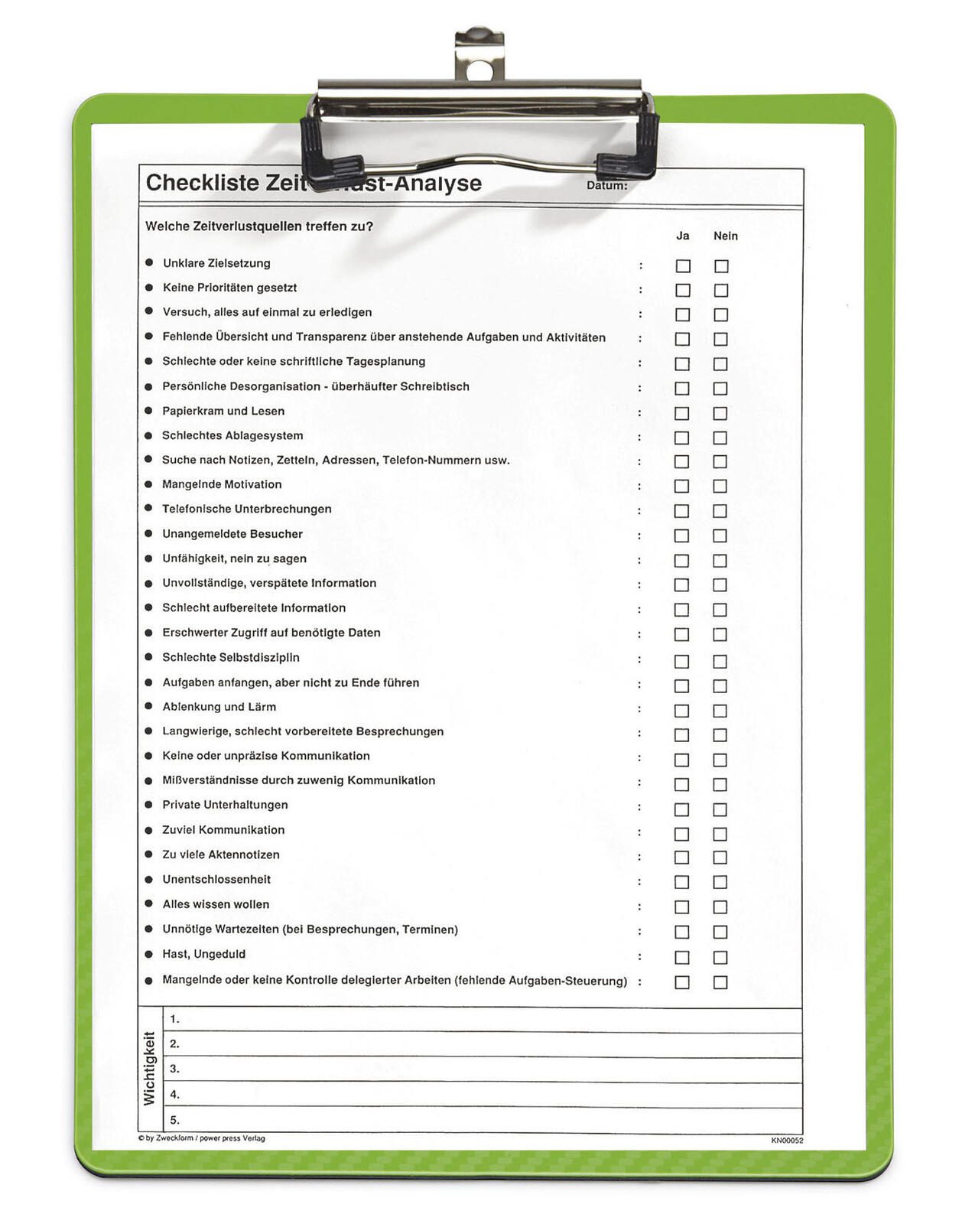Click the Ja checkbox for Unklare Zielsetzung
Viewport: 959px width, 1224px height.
(x=683, y=266)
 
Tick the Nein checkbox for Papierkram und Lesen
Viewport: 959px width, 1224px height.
(x=720, y=414)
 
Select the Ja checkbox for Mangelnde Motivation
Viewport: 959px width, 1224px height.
(x=681, y=487)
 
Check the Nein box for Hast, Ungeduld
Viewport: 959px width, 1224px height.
(x=720, y=958)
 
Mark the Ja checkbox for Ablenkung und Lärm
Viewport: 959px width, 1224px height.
(x=681, y=711)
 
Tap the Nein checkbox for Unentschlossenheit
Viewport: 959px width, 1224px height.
(x=720, y=882)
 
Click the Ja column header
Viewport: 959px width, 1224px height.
(x=682, y=236)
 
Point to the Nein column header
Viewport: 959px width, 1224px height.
(x=725, y=236)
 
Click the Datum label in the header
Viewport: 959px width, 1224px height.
(x=606, y=185)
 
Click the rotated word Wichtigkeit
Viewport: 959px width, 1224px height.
(x=149, y=1069)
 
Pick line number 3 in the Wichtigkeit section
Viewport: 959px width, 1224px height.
(x=174, y=1069)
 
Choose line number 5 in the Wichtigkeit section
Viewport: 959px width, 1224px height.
(x=174, y=1120)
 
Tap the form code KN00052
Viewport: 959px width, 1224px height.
(x=787, y=1141)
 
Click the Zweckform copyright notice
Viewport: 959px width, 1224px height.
(x=202, y=1138)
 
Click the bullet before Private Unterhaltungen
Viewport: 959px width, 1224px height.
(x=148, y=805)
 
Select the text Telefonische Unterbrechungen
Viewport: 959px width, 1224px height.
(x=246, y=509)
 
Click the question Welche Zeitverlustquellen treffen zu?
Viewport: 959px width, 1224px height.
(x=258, y=226)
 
